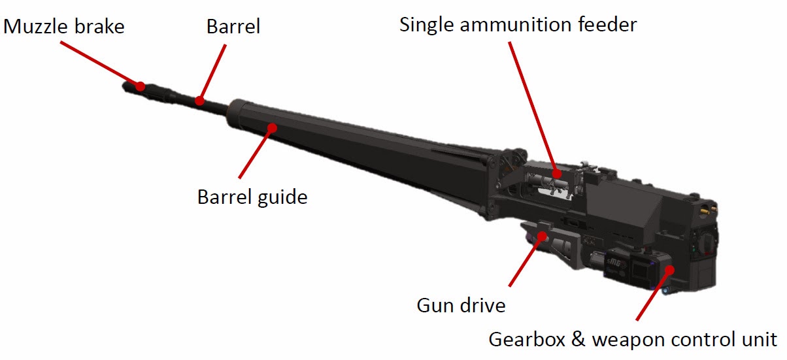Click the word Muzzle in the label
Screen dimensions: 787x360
tap(36, 27)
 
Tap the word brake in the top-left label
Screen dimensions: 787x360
tap(99, 26)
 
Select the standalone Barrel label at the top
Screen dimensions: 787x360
tap(233, 26)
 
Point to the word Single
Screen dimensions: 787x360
tap(427, 25)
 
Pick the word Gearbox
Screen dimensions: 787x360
tap(527, 340)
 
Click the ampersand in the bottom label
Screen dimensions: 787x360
tap(578, 340)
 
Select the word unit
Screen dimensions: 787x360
tap(760, 340)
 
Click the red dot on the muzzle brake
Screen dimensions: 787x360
tap(140, 86)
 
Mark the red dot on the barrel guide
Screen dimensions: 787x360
tap(272, 128)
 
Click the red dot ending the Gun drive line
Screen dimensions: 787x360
tap(543, 236)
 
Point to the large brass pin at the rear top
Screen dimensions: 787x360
tap(705, 212)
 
